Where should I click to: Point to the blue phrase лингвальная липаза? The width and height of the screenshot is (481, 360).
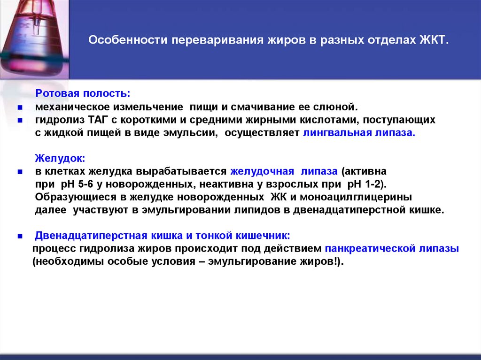pos(359,133)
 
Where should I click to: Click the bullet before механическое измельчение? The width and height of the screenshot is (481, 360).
pos(20,107)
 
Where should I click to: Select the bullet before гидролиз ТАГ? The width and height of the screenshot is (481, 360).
pos(20,121)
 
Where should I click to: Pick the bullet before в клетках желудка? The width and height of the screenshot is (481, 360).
pos(20,172)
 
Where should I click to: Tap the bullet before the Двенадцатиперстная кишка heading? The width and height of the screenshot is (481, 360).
pos(20,236)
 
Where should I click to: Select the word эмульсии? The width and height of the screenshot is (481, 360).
pos(192,133)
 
